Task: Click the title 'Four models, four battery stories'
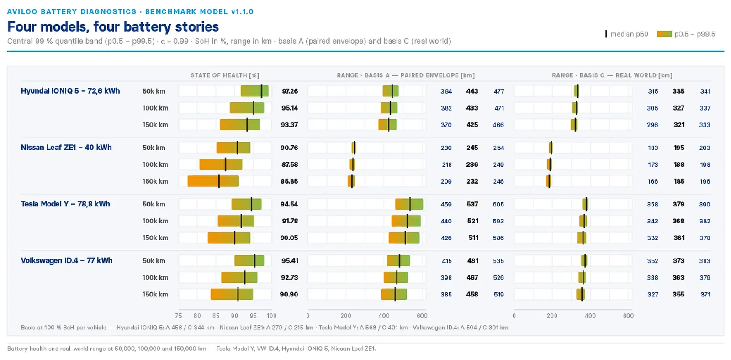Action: (113, 27)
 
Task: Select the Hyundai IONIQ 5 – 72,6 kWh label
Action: (70, 91)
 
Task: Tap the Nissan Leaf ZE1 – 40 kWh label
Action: (66, 148)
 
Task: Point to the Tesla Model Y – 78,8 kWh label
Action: (65, 204)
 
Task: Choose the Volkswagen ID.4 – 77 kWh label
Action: (67, 260)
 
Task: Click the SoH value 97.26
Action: (290, 91)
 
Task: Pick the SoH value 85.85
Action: (289, 181)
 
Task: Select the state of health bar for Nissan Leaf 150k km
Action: (213, 181)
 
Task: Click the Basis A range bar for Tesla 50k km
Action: (409, 204)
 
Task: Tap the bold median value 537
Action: (472, 204)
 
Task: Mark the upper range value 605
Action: (498, 204)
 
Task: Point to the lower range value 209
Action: (446, 181)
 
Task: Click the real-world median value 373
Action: (678, 261)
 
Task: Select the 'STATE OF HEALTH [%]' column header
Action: (225, 75)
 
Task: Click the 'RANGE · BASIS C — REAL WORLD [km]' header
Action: (612, 75)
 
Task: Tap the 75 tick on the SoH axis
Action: (178, 316)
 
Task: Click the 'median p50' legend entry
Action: (627, 34)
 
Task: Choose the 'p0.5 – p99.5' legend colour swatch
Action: (664, 34)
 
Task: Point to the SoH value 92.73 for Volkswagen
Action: (290, 277)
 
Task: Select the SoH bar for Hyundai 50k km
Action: (254, 91)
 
